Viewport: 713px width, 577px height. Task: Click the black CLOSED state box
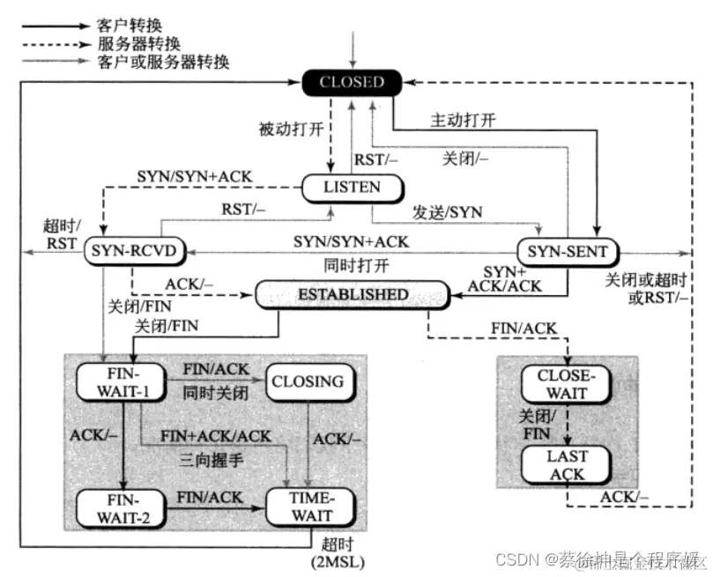(x=352, y=83)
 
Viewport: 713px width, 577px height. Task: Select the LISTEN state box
(x=353, y=187)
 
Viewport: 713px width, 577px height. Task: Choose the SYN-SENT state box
(x=562, y=252)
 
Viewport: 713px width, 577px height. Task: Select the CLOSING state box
(x=308, y=381)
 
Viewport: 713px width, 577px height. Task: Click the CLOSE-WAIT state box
(x=566, y=384)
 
